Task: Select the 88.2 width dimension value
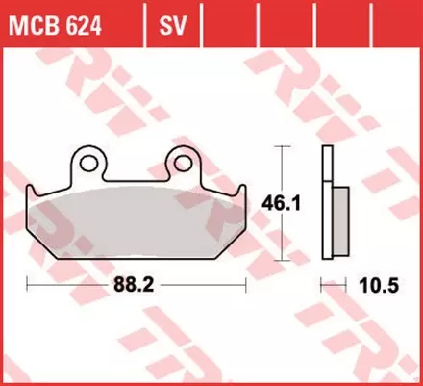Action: tap(136, 285)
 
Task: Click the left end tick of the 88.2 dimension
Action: tap(28, 284)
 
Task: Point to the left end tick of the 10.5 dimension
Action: tap(320, 284)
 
